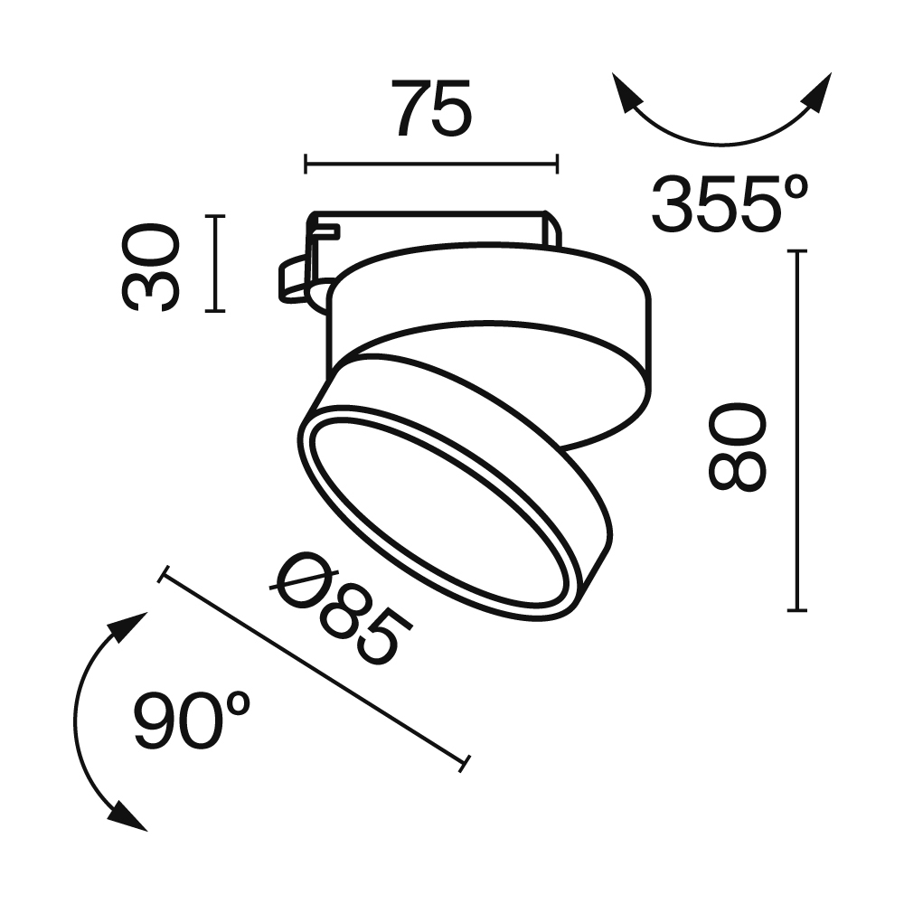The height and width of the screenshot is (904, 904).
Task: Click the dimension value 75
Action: pos(431,108)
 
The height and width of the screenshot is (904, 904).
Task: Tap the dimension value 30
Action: pos(151,268)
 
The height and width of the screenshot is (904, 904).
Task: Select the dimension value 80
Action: pos(737,447)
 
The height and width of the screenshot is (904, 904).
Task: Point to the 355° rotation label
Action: pos(729,204)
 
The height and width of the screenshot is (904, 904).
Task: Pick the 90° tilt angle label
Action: pos(193,720)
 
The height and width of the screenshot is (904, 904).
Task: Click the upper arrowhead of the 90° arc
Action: pos(130,626)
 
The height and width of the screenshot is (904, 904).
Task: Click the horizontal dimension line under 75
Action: pos(431,164)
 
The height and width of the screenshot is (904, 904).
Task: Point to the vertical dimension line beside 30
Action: pos(214,264)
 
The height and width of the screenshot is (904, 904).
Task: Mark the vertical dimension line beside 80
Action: pos(796,430)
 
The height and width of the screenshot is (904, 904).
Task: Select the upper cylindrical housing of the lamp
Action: pos(506,298)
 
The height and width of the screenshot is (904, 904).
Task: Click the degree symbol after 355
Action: pos(793,185)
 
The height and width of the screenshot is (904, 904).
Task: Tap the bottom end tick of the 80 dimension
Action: pos(796,611)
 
